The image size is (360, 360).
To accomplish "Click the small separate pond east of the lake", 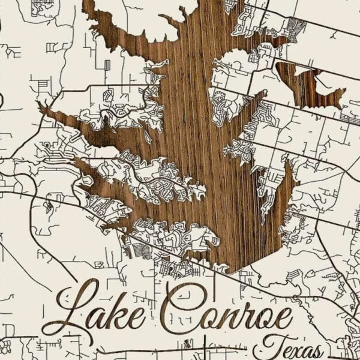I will [312, 87].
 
